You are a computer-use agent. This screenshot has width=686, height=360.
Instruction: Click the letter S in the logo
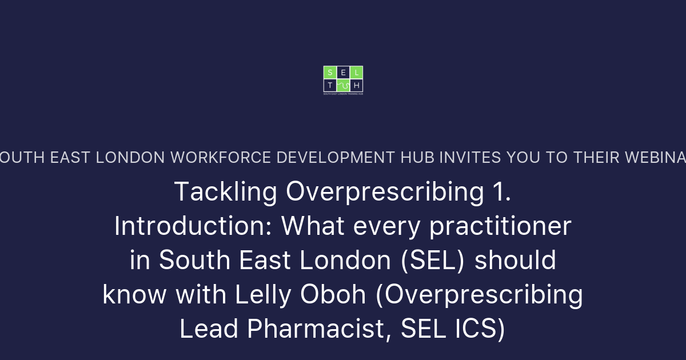tap(330, 72)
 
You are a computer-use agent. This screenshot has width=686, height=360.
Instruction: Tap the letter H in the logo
tap(357, 85)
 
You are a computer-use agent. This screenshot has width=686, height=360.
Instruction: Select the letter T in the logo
tap(330, 85)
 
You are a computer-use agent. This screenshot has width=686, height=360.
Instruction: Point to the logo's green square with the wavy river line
tap(343, 85)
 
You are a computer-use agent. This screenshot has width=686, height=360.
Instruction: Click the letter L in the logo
tap(357, 72)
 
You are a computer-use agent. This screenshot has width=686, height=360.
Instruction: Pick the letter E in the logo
tap(343, 72)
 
